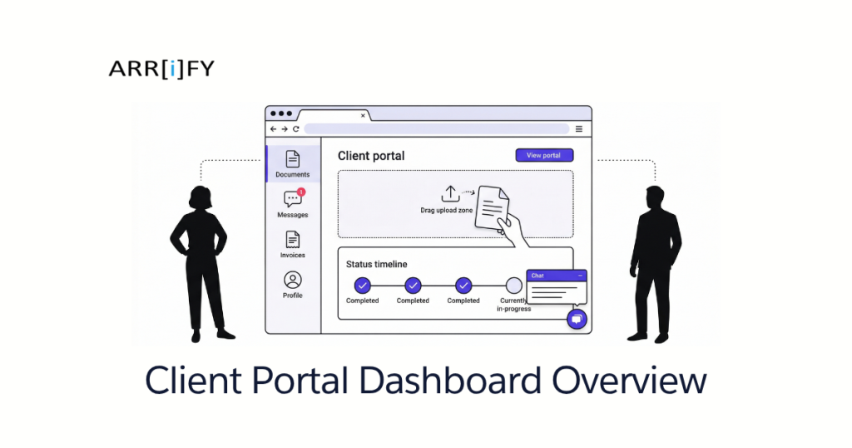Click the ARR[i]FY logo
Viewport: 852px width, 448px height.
(x=161, y=69)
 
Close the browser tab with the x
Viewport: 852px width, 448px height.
(x=363, y=116)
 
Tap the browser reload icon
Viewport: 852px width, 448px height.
(x=295, y=129)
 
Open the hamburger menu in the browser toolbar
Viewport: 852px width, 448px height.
(x=579, y=129)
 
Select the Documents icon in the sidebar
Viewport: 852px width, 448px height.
(x=292, y=159)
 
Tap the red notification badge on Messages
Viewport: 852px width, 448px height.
(x=301, y=192)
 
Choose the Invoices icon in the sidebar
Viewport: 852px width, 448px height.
(x=292, y=240)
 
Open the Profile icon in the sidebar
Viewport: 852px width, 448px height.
(x=292, y=280)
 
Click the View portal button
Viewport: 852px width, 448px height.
(x=544, y=156)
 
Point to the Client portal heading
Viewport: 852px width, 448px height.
(x=371, y=156)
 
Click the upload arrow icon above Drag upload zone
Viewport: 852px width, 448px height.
(x=449, y=194)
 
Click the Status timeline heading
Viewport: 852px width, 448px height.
(x=376, y=264)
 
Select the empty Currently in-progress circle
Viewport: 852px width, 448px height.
(x=514, y=285)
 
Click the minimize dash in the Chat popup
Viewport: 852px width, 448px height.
(x=580, y=275)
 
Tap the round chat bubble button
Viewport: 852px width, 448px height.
(x=576, y=319)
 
